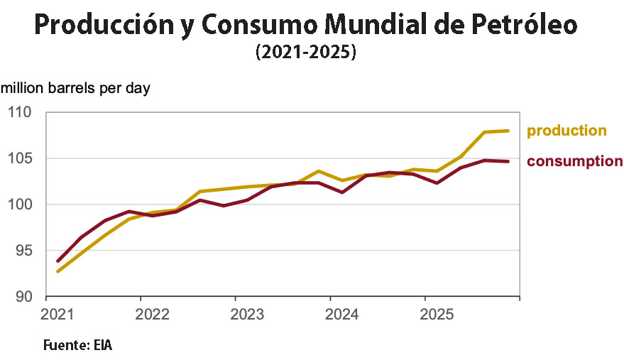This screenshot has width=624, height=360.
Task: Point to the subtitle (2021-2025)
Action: click(305, 53)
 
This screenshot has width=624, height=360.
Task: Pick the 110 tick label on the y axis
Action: click(20, 112)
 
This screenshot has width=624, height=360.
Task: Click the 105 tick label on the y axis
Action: click(20, 158)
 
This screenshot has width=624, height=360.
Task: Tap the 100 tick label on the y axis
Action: click(20, 204)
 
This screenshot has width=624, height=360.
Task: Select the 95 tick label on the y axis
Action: click(24, 250)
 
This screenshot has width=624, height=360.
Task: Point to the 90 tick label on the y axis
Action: click(24, 296)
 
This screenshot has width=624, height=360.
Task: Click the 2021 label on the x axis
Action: click(55, 314)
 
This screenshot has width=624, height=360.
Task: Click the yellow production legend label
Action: click(566, 131)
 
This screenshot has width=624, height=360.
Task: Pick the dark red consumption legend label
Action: click(574, 161)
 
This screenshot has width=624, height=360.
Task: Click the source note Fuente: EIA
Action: click(78, 346)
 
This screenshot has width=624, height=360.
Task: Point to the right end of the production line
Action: click(508, 131)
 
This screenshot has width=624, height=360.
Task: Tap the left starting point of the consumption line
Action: click(58, 261)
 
